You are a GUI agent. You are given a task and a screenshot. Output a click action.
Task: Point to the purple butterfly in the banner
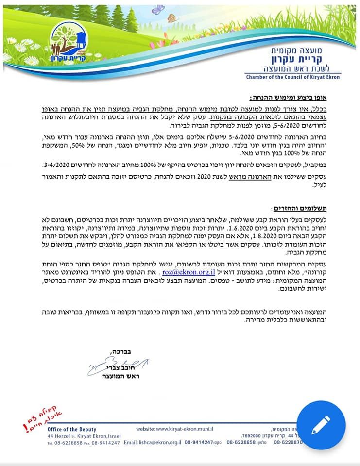click(157, 10)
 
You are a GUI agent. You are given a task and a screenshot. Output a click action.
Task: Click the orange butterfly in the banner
click(172, 18)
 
